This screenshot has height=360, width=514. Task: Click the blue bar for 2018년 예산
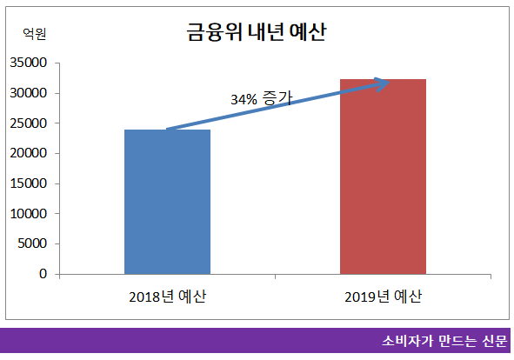click(167, 202)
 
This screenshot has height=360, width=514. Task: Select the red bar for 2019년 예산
click(383, 177)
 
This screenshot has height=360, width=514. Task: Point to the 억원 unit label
click(34, 34)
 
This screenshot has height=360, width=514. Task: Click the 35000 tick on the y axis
click(29, 63)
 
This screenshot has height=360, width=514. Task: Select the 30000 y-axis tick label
click(29, 93)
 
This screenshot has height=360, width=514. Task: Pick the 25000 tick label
click(29, 123)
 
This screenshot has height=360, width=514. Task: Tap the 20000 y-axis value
click(29, 153)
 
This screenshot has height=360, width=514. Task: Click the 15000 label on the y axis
click(29, 183)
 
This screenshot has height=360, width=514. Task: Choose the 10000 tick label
click(29, 213)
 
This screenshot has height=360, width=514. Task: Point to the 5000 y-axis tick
click(32, 243)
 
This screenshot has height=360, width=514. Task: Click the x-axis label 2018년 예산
click(167, 297)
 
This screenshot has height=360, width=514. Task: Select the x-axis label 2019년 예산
click(383, 297)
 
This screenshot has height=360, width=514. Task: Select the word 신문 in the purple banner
click(491, 340)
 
